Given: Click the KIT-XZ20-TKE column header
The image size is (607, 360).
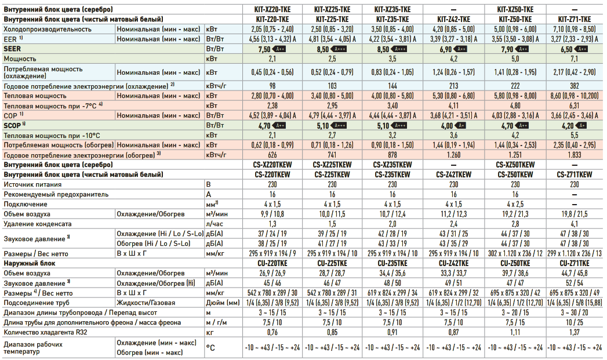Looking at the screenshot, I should [271, 10].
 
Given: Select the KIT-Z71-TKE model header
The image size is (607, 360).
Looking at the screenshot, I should [575, 19].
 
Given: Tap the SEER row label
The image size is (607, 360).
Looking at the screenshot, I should [12, 49].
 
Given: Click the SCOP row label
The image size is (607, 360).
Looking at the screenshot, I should [12, 125].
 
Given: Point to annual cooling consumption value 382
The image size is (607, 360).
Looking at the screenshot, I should [575, 85].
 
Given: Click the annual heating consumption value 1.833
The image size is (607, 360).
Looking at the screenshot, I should [575, 155].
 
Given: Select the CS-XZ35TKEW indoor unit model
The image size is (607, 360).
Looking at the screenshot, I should [392, 165].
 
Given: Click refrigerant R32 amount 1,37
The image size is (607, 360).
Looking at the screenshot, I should [575, 332].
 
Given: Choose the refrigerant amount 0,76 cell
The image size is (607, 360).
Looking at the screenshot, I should [271, 332].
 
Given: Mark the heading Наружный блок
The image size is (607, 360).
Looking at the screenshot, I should [29, 263].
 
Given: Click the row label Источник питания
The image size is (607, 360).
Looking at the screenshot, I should [32, 184].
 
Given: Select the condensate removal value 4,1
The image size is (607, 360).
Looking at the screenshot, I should [575, 223].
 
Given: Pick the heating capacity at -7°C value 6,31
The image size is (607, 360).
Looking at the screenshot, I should [575, 106].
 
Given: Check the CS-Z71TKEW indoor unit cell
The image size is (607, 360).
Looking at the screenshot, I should [575, 174].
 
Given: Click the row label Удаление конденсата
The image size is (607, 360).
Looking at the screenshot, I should [38, 223].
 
